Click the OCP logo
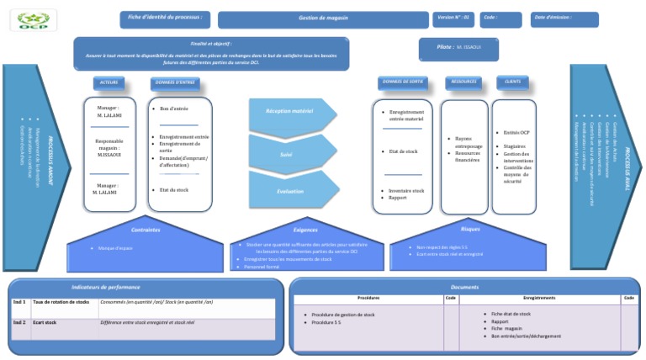tap(34, 19)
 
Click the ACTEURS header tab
tap(109, 83)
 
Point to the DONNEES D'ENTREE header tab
tap(175, 83)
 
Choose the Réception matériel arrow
tap(290, 112)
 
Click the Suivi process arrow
tap(286, 155)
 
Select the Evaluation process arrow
tap(290, 192)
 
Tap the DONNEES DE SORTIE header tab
tap(404, 82)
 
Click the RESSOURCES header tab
tap(463, 82)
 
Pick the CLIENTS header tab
tap(509, 82)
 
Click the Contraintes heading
tap(146, 229)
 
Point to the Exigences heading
tap(306, 229)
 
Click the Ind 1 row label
tap(19, 301)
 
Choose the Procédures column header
tap(368, 298)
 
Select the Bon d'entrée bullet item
tap(177, 109)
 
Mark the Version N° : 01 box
tap(455, 18)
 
